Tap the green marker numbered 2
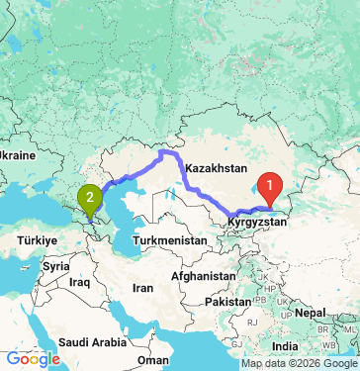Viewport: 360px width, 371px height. (90, 201)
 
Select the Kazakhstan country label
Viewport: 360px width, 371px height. (214, 168)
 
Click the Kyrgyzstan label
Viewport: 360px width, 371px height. (257, 225)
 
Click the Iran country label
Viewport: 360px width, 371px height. (143, 288)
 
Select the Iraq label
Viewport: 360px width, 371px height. (81, 282)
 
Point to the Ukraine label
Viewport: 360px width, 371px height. (18, 156)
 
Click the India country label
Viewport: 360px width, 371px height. (286, 347)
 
